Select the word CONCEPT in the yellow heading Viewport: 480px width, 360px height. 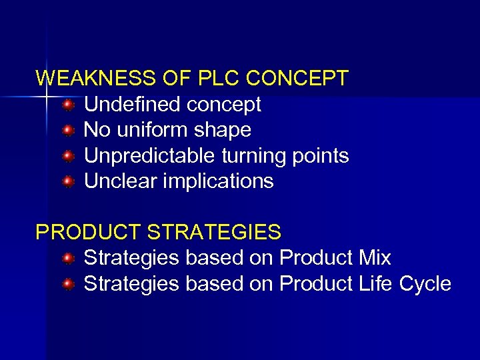point(297,79)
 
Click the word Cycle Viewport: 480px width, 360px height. point(425,285)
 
